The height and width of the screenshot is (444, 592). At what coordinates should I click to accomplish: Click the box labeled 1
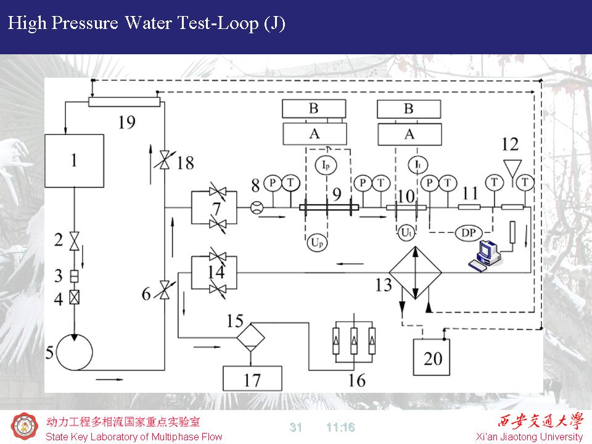[x=74, y=161]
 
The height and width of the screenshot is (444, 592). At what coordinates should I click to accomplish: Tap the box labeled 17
[x=252, y=378]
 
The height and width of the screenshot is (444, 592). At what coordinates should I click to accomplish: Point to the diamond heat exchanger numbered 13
[x=416, y=272]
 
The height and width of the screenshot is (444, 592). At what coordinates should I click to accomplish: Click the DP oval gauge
[x=469, y=232]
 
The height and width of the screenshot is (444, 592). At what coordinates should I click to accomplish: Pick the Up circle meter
[x=316, y=243]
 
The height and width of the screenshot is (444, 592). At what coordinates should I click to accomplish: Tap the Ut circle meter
[x=406, y=233]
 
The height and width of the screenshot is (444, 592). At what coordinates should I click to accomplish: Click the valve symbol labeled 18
[x=164, y=162]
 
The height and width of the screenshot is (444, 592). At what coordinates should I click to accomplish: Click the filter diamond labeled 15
[x=251, y=337]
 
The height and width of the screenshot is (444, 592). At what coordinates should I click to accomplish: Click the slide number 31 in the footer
[x=296, y=427]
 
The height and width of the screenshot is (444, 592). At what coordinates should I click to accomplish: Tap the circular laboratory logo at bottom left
[x=25, y=427]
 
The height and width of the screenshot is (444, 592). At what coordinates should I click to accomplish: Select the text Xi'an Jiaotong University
[x=530, y=437]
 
